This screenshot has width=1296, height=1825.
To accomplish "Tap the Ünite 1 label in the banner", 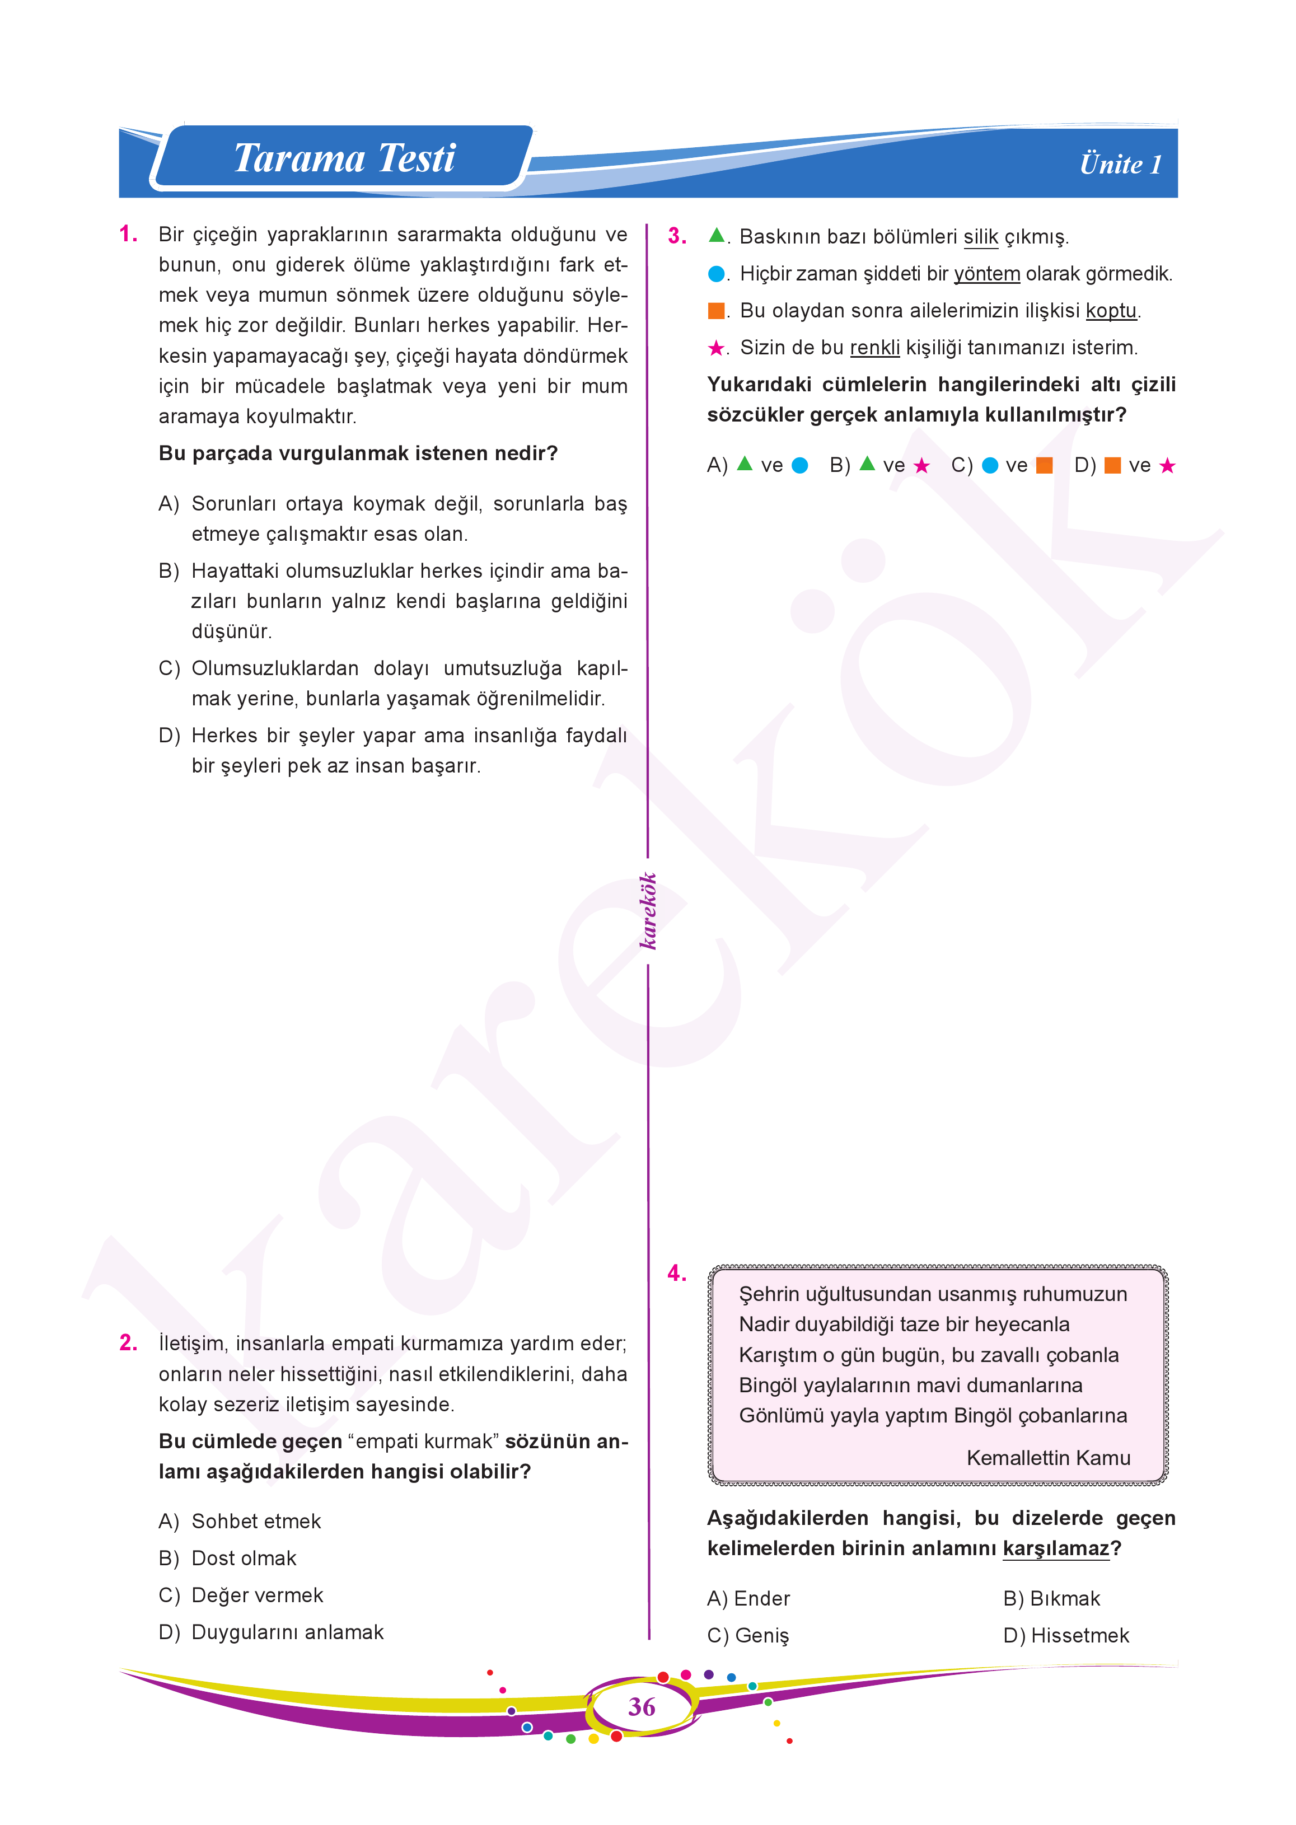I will [1120, 165].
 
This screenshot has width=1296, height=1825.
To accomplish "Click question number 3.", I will [677, 236].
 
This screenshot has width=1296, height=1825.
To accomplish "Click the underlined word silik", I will [980, 237].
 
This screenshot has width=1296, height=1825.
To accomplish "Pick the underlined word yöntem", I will [986, 274].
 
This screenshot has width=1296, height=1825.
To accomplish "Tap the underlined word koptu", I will [1111, 310].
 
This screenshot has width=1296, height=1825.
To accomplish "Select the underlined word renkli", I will [874, 348].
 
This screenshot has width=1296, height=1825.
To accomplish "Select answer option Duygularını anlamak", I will [287, 1632].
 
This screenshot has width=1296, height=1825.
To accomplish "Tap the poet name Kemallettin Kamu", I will [1048, 1458].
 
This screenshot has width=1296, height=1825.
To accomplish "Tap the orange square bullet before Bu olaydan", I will [716, 310].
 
